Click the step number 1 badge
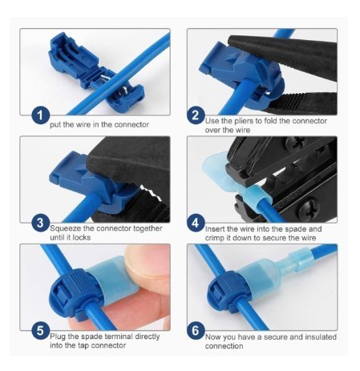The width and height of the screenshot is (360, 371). coord(40,115)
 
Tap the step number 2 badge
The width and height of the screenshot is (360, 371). coord(196,115)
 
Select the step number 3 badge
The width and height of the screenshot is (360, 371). coord(40,223)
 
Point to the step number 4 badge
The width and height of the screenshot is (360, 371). coord(196,223)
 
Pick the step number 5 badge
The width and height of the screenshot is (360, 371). coord(40,330)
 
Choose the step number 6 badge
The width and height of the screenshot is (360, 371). coord(196,330)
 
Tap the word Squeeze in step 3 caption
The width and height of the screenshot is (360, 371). coord(65,228)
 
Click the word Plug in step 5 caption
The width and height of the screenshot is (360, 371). coord(58,337)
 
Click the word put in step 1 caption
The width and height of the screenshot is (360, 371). coord(55,125)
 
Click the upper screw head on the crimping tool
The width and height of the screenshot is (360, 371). coord(296,143)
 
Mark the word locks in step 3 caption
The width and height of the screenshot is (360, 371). coord(81,238)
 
